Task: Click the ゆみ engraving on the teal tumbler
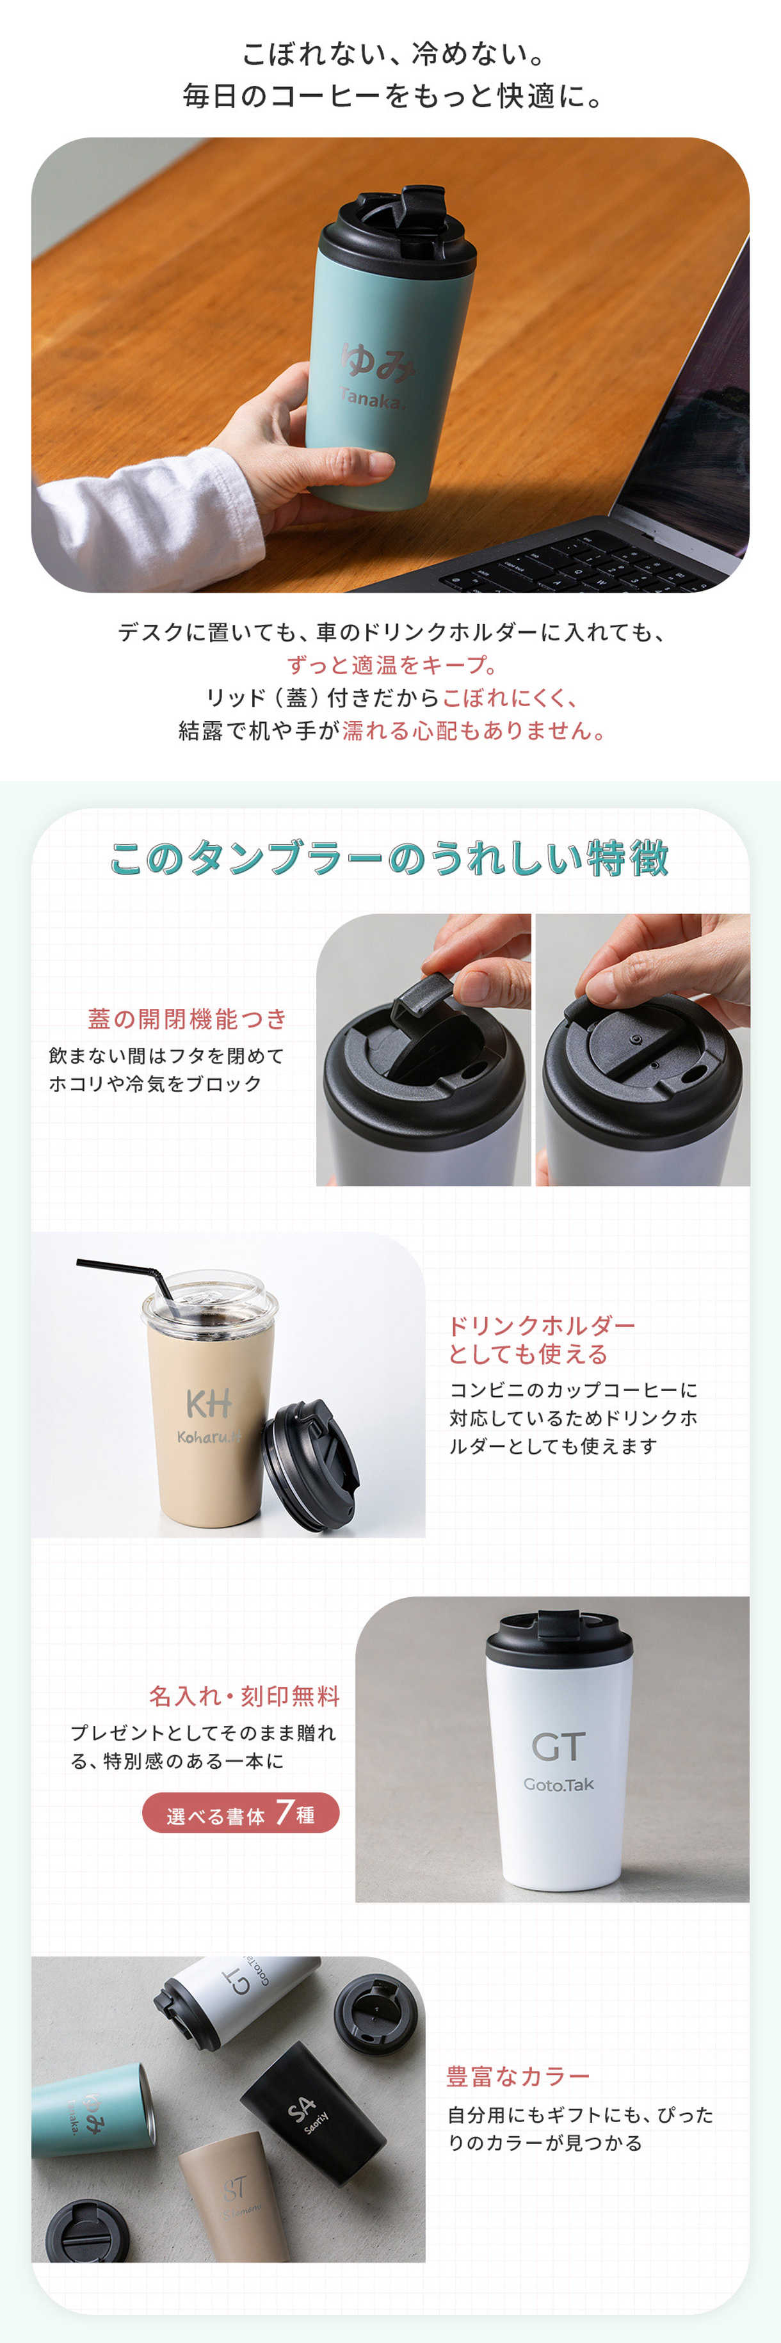pyautogui.click(x=377, y=360)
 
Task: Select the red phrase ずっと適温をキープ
pyautogui.click(x=389, y=665)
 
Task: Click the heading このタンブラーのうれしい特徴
pyautogui.click(x=389, y=858)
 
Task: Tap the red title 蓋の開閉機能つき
pyautogui.click(x=188, y=1019)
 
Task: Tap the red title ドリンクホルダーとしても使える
pyautogui.click(x=542, y=1340)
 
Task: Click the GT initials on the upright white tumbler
pyautogui.click(x=558, y=1746)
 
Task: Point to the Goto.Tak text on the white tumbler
pyautogui.click(x=558, y=1785)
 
